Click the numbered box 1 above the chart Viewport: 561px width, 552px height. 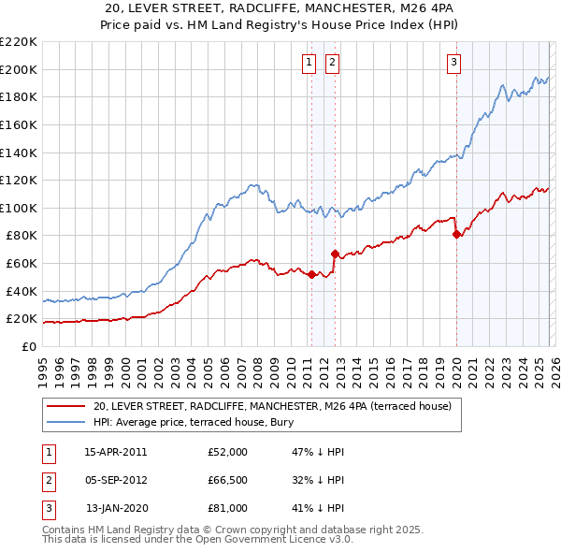point(309,63)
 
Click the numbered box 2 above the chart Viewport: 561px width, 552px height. point(332,63)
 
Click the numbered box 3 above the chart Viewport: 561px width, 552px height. point(453,63)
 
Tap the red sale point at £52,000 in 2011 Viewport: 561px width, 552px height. point(311,274)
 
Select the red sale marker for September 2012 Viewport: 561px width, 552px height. point(334,254)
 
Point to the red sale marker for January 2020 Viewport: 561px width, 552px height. point(456,234)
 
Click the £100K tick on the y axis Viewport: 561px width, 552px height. point(19,208)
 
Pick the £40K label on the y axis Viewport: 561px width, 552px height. point(22,291)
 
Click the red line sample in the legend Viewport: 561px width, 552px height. point(65,406)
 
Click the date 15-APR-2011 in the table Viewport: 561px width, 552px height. point(115,452)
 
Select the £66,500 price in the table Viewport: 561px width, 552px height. point(227,480)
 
